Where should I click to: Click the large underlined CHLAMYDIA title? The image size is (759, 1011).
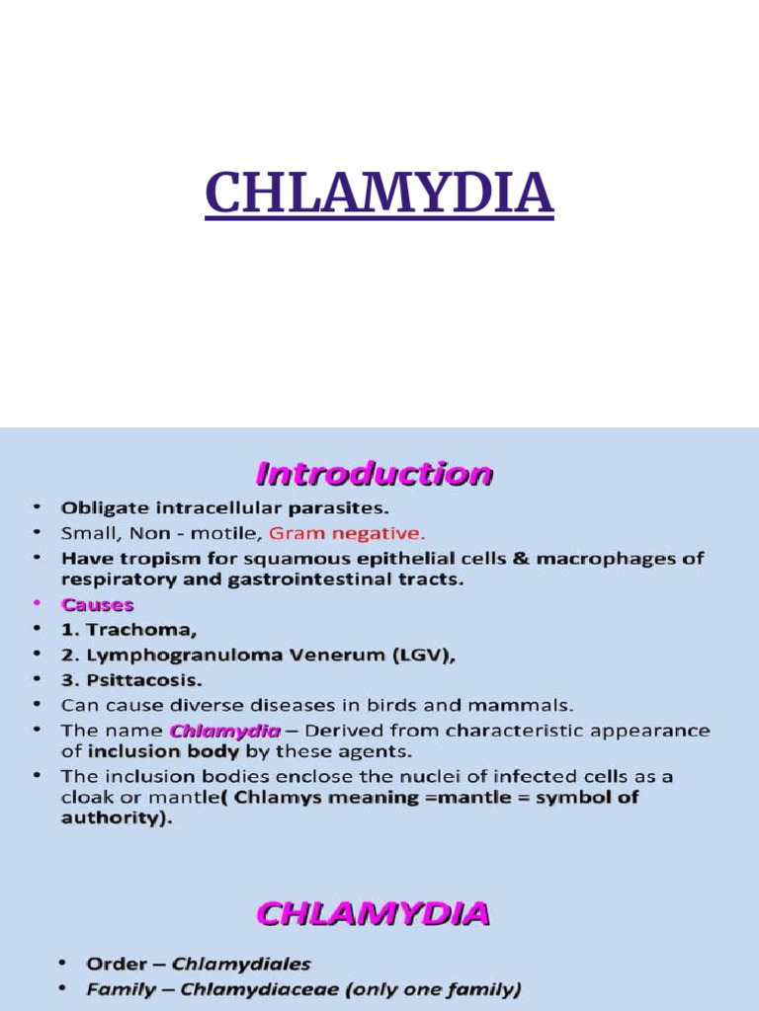pos(379,194)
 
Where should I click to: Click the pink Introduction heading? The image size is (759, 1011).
pos(374,475)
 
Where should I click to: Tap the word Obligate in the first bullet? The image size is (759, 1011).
pos(101,508)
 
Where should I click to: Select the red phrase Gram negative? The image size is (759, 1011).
pos(347,533)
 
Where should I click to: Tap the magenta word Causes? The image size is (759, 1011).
pos(97,604)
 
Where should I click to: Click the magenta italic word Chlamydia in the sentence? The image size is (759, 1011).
pos(212,732)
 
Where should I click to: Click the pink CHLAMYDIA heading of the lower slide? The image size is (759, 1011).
pos(374,913)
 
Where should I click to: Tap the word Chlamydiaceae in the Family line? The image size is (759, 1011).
pos(274,988)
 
